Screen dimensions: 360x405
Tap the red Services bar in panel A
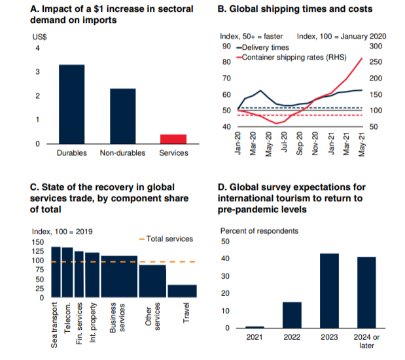pos(173,138)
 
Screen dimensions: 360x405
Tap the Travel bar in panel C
pos(183,291)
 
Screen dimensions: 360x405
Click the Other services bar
pos(152,281)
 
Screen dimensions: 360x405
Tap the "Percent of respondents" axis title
pos(259,231)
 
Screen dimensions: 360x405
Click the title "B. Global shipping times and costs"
pos(294,9)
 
